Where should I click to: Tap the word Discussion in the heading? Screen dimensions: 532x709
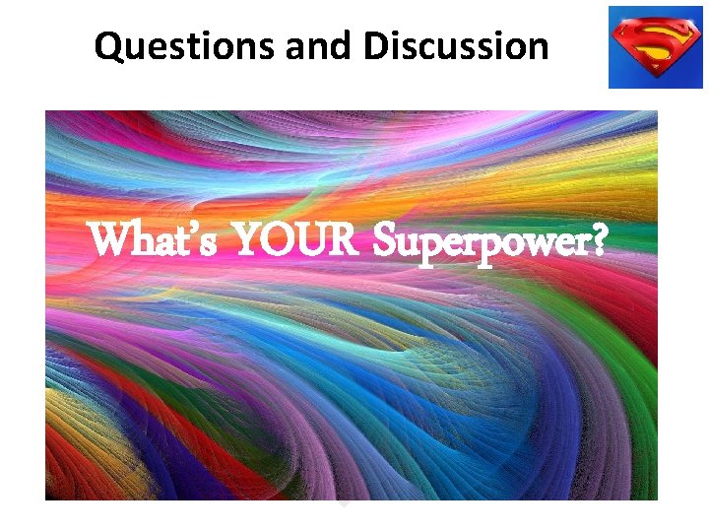point(455,45)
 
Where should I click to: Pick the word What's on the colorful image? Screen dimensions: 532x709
point(154,240)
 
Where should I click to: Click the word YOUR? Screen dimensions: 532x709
point(297,240)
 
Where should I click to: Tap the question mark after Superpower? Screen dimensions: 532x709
point(598,240)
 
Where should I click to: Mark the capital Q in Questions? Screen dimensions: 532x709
point(108,46)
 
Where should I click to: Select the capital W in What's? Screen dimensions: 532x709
point(109,240)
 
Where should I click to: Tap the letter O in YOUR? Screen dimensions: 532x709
point(280,240)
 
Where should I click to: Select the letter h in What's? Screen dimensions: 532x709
point(142,240)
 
